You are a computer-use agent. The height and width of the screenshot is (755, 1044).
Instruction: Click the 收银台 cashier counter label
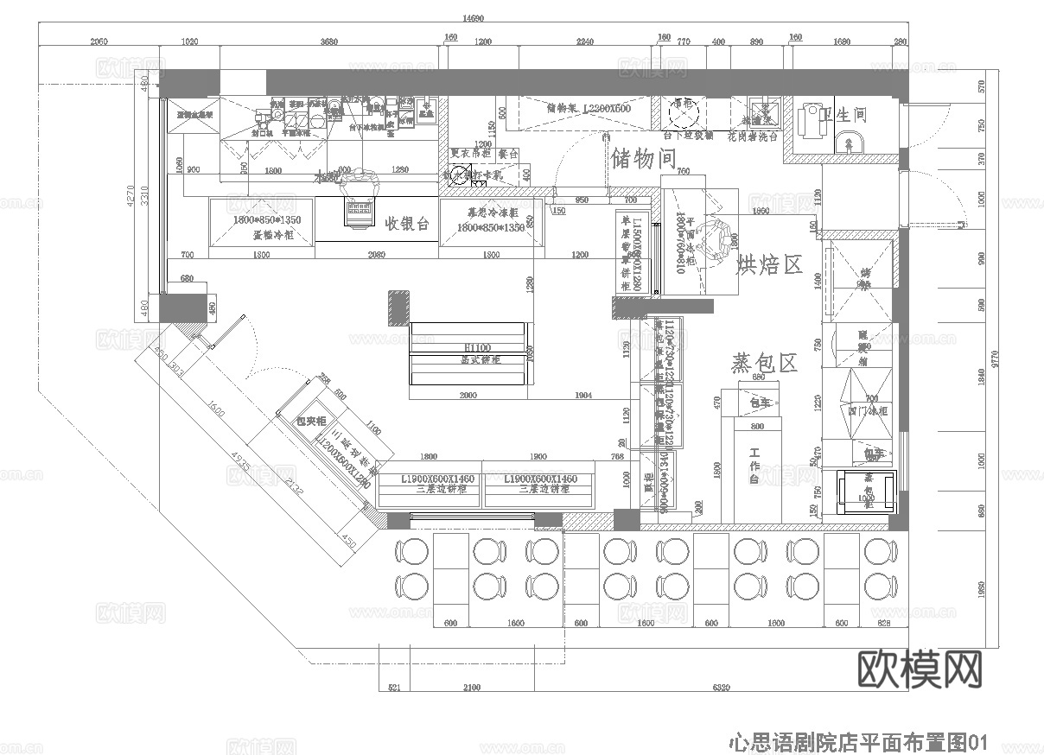coord(407,224)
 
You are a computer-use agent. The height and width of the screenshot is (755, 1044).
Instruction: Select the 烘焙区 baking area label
coord(769,264)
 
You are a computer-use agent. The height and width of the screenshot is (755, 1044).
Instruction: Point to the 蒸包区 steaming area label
coord(764,363)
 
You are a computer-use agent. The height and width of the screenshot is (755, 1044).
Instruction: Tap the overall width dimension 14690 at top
coord(472,18)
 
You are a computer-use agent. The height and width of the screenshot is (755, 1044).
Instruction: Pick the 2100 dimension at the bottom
coord(472,688)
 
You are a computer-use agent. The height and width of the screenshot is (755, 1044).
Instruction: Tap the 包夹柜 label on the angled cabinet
coord(311,421)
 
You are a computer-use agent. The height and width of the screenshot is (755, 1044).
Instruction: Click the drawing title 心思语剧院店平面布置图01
coord(857,740)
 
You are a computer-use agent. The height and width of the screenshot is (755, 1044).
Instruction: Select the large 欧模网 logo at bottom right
coord(920,667)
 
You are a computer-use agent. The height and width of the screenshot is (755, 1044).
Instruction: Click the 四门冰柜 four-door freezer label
coord(863,410)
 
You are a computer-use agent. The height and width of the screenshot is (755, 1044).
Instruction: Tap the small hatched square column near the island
coord(398,308)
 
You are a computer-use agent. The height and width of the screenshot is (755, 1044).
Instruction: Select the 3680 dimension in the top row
coord(328,41)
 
